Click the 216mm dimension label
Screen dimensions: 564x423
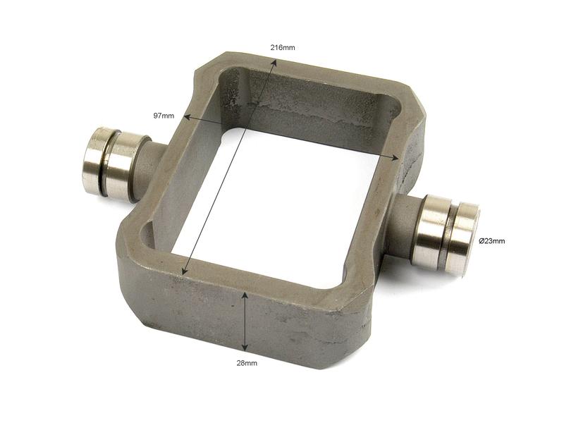pos(283,47)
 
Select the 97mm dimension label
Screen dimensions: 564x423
pos(164,116)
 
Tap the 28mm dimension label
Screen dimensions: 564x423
pos(247,363)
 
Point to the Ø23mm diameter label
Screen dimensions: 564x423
pos(491,241)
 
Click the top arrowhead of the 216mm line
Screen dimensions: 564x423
pos(274,62)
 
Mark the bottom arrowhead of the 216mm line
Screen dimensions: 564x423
pos(184,272)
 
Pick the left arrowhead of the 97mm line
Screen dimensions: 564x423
pos(186,117)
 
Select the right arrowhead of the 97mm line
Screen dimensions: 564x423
pos(396,157)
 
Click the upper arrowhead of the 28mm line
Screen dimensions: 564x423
pos(245,294)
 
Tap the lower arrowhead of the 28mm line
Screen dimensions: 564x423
pos(245,348)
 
